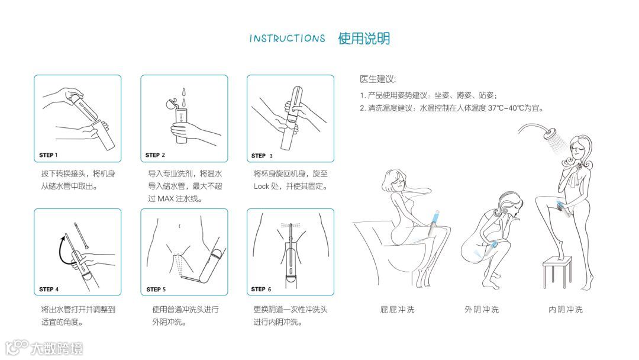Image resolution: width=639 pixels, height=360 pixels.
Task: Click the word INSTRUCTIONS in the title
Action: pos(288,38)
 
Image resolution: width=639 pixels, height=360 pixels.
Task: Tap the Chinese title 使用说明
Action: pos(364,38)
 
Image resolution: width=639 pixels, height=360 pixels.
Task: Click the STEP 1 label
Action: pos(48,155)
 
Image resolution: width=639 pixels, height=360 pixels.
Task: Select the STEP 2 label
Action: pos(155,155)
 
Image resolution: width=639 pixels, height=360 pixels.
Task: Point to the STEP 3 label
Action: pos(262,156)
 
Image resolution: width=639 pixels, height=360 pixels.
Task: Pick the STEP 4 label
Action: pos(49,289)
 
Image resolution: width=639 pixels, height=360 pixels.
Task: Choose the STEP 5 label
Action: pos(156,289)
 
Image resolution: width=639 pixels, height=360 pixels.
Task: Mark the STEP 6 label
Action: pos(261,289)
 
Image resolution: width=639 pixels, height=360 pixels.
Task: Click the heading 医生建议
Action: pos(377,79)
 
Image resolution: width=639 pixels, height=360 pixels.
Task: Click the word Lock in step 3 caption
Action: pos(262,187)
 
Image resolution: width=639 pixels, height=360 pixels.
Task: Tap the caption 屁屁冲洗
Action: pos(398,310)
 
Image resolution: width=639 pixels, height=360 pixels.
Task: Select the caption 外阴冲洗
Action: pos(482,310)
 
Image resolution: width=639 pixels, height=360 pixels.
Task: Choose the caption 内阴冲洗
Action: pos(566,310)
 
